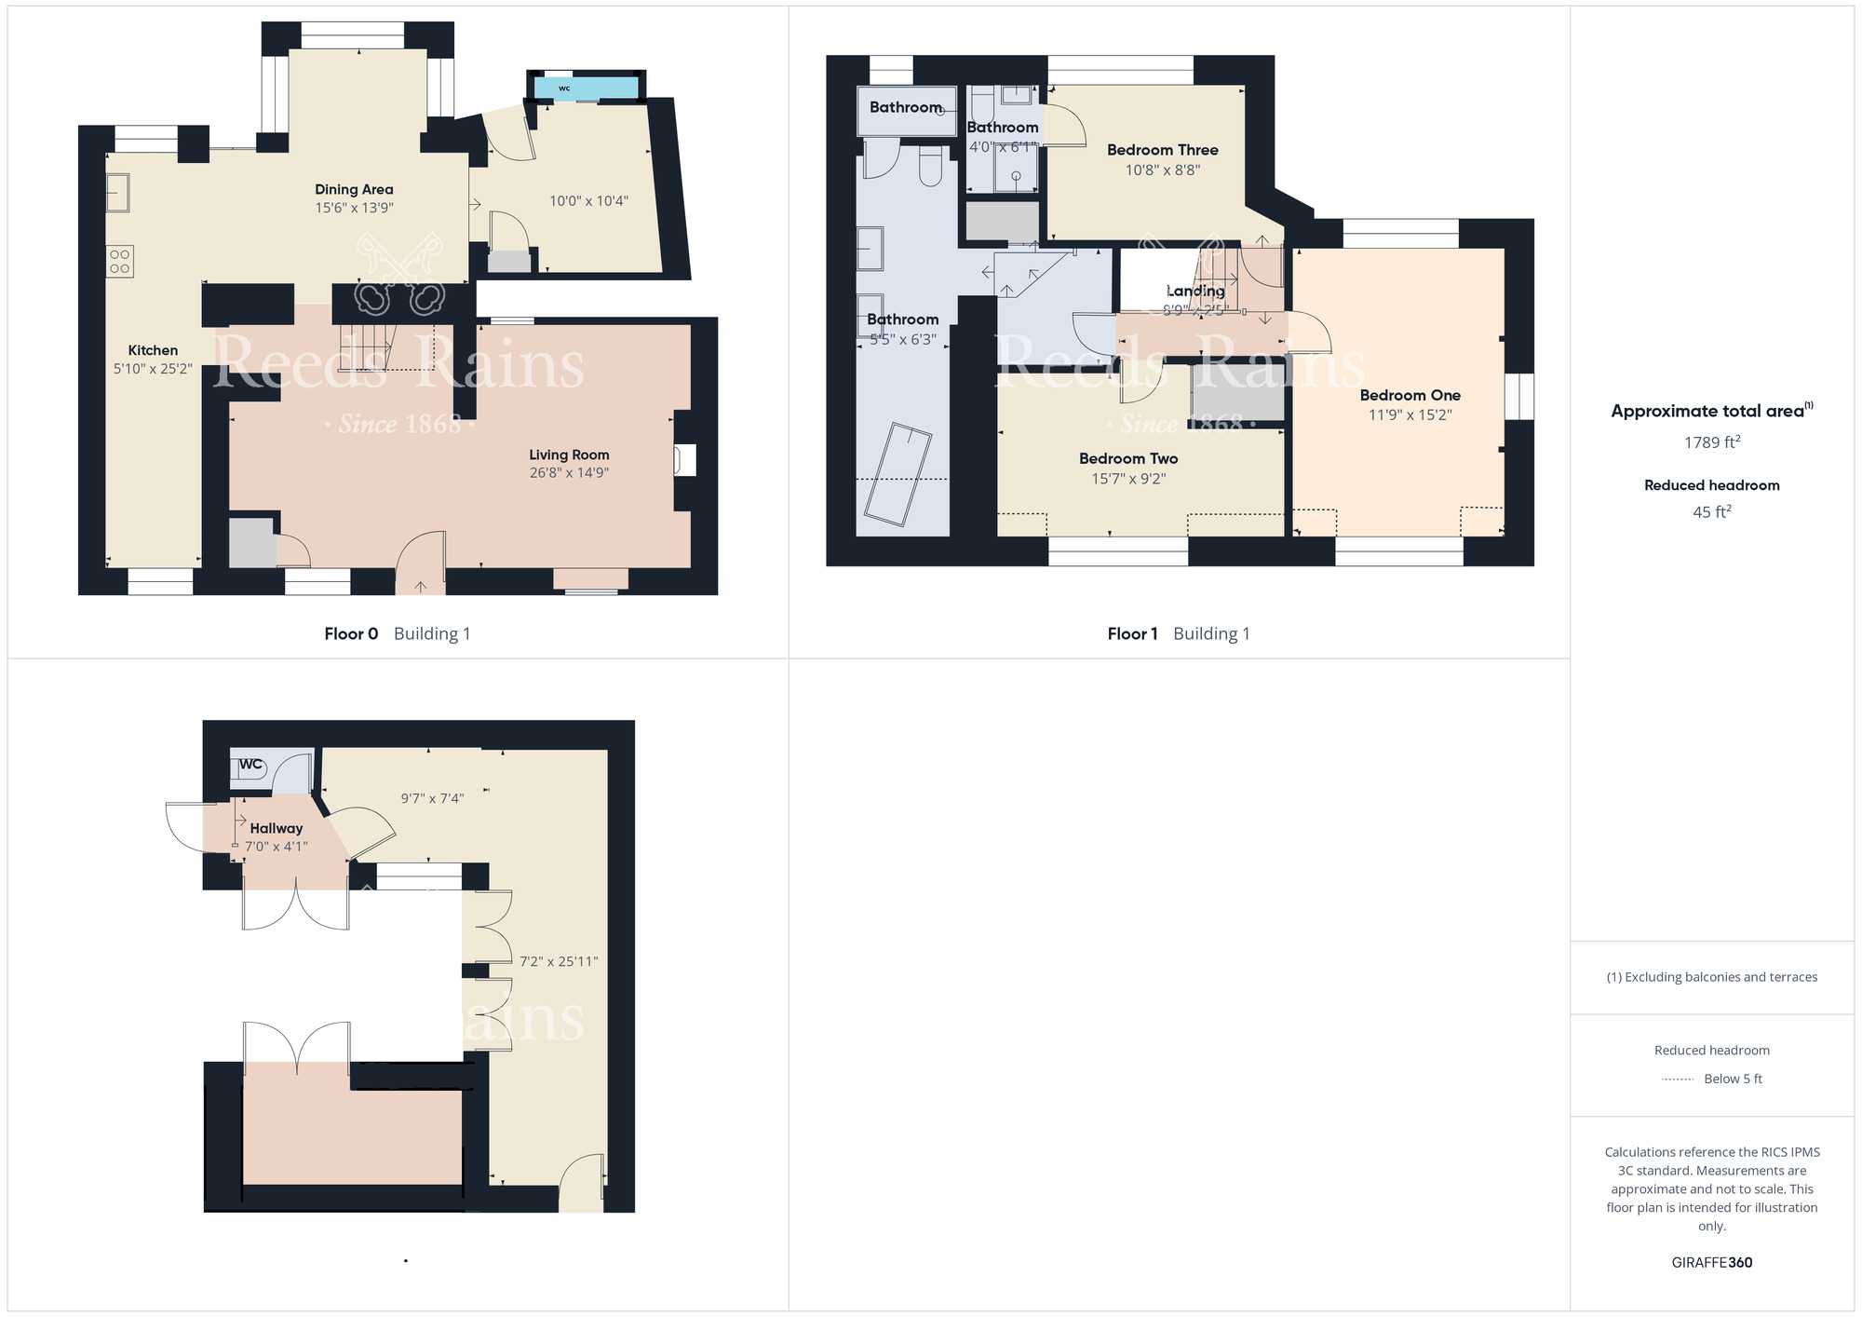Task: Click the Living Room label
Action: point(569,455)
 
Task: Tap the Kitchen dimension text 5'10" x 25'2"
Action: point(153,369)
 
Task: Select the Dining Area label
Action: point(354,189)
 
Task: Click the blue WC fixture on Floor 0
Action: point(587,88)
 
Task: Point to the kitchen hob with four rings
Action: point(120,262)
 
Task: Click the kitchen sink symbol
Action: point(117,193)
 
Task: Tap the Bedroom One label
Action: point(1410,395)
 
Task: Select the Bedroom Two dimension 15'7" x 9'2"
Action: point(1128,479)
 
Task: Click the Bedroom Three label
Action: point(1162,150)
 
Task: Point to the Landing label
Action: point(1195,291)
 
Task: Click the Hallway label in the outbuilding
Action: point(276,828)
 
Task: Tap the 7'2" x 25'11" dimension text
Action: point(559,961)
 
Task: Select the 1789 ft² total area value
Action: point(1712,442)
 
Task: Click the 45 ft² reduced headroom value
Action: point(1711,512)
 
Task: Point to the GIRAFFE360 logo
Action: point(1711,1263)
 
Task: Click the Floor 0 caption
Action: point(351,633)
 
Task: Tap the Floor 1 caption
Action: point(1132,633)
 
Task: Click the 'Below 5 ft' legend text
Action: point(1733,1079)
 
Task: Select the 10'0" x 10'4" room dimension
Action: point(588,200)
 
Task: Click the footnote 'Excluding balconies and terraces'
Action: point(1712,977)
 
